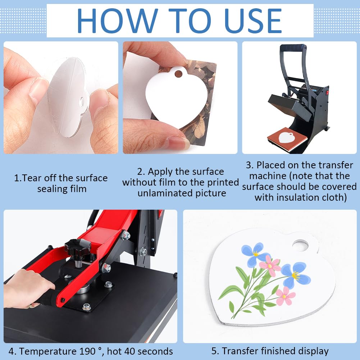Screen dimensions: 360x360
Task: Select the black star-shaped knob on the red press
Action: click(77, 248)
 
